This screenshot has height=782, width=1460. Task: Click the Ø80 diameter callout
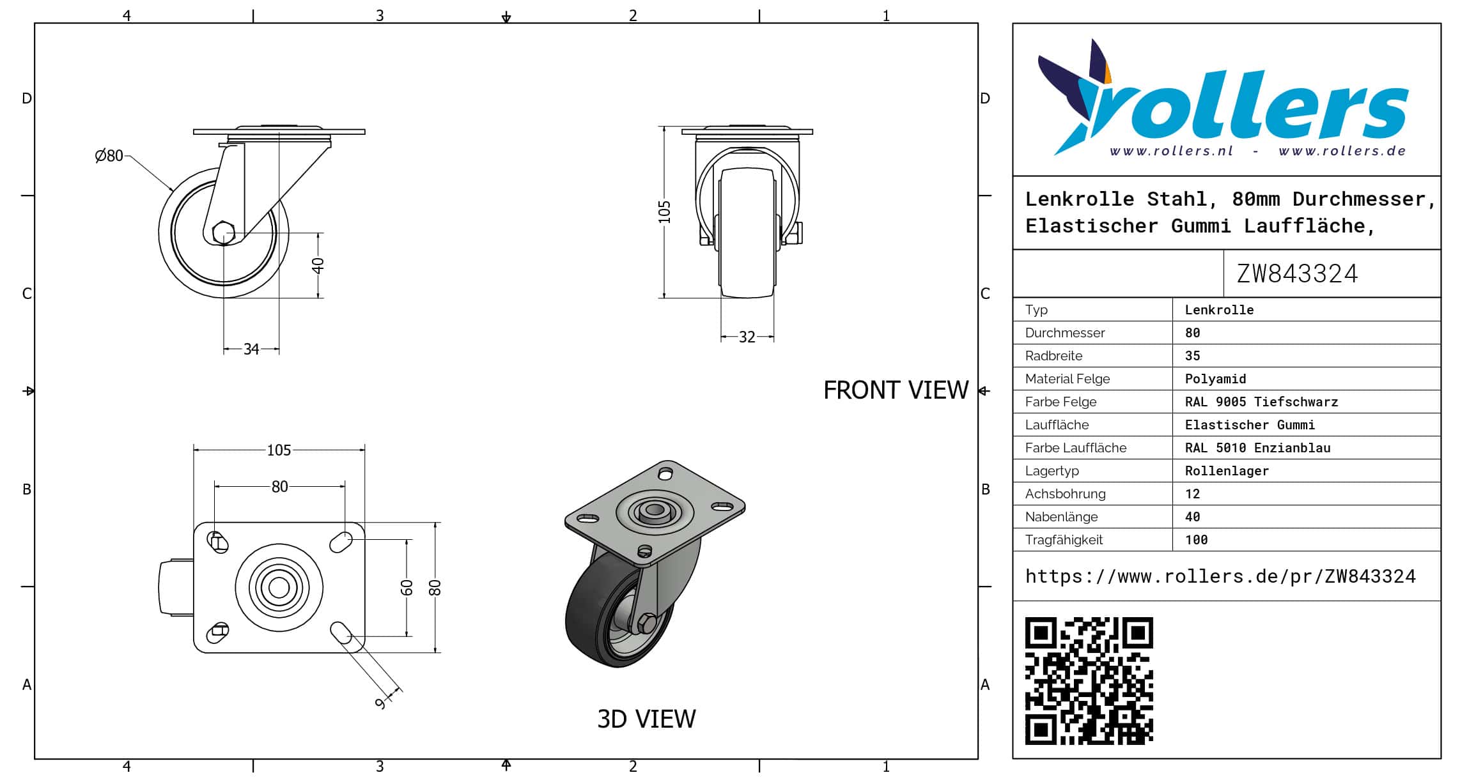pyautogui.click(x=109, y=156)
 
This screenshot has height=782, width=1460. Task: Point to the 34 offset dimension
pyautogui.click(x=251, y=349)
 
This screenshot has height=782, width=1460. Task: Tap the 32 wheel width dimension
pyautogui.click(x=747, y=337)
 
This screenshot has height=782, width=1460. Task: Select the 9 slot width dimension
pyautogui.click(x=381, y=703)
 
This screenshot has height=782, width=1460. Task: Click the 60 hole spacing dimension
pyautogui.click(x=407, y=588)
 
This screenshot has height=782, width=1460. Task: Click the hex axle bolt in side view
pyautogui.click(x=224, y=233)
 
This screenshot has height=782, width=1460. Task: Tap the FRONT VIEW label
pyautogui.click(x=896, y=390)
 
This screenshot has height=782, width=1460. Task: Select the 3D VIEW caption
pyautogui.click(x=646, y=719)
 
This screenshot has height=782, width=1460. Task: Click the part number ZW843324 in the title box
pyautogui.click(x=1297, y=274)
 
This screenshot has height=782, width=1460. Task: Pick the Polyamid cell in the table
pyautogui.click(x=1215, y=379)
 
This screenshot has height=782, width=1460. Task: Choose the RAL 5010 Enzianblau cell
pyautogui.click(x=1257, y=448)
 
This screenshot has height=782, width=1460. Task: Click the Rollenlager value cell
pyautogui.click(x=1227, y=471)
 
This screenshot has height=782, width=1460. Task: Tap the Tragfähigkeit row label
pyautogui.click(x=1064, y=540)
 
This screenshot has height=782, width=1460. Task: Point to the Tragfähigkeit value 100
pyautogui.click(x=1196, y=540)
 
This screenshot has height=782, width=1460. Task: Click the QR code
pyautogui.click(x=1089, y=680)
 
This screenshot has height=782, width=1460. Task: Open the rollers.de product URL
pyautogui.click(x=1220, y=576)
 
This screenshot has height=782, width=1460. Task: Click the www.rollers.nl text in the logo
pyautogui.click(x=1171, y=151)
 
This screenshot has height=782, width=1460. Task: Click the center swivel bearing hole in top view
pyautogui.click(x=279, y=588)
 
